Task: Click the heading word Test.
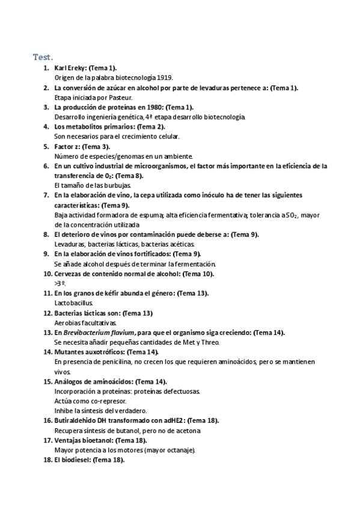[43, 57]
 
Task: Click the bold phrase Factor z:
[67, 146]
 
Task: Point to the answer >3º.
[59, 283]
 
